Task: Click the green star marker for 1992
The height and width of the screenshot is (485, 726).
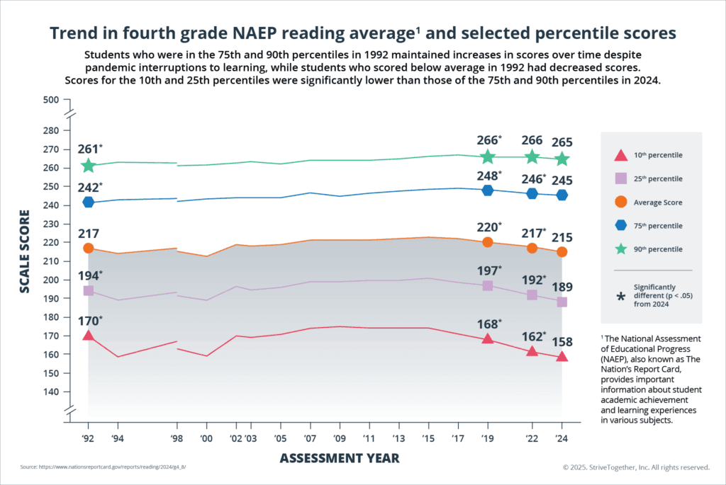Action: [x=88, y=166]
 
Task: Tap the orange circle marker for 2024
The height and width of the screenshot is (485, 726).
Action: [x=562, y=251]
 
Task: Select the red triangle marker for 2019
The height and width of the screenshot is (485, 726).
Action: [x=487, y=338]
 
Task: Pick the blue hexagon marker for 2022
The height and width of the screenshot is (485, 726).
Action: [x=532, y=193]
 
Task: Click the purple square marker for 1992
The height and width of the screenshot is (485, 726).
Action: [x=88, y=290]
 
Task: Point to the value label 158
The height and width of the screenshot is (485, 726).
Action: [x=562, y=341]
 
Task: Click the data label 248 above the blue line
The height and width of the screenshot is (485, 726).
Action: [x=488, y=175]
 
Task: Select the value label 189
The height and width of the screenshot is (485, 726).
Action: [x=562, y=287]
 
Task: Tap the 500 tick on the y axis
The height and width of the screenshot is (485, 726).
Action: [x=50, y=100]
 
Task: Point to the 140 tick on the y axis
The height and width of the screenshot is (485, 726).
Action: [x=50, y=392]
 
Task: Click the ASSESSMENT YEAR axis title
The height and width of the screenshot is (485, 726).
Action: [x=339, y=458]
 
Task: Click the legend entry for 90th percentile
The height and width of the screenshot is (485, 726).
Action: [x=659, y=249]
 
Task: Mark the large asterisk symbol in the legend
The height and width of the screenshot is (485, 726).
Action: [x=621, y=297]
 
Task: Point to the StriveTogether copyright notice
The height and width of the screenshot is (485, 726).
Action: [x=636, y=468]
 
